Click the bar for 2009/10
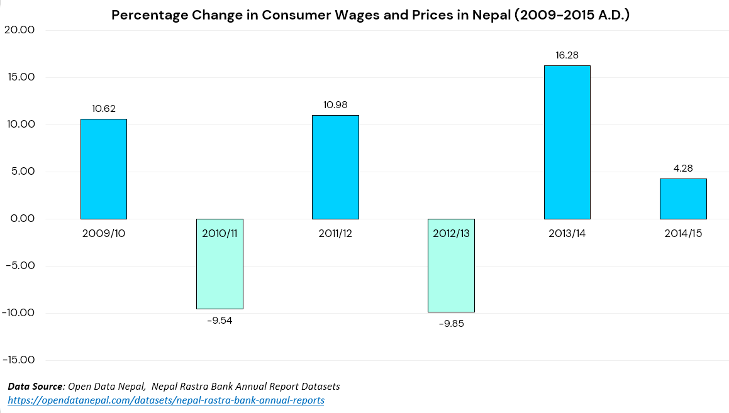tap(104, 168)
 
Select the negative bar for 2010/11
tap(220, 270)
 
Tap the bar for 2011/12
tap(335, 167)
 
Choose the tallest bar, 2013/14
tap(567, 142)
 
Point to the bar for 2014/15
tap(683, 199)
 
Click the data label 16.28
tap(567, 55)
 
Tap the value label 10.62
tap(104, 109)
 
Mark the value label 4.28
tap(683, 168)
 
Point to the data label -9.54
tap(220, 320)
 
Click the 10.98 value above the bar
tap(335, 105)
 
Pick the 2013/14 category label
tap(567, 233)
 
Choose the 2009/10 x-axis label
tap(104, 233)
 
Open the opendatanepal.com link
tap(166, 400)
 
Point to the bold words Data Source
tap(35, 386)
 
